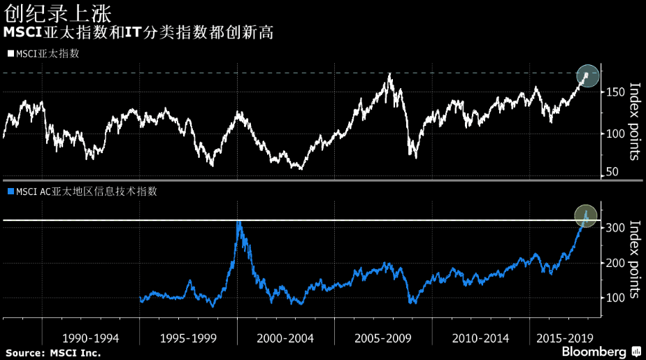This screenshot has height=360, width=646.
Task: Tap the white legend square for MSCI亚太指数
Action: [x=10, y=53]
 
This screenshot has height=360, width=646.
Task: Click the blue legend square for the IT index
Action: [x=10, y=190]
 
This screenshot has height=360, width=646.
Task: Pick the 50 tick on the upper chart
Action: [x=612, y=172]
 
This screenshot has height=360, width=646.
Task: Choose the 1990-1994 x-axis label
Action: [x=91, y=338]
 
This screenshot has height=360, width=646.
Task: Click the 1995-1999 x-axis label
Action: [x=188, y=338]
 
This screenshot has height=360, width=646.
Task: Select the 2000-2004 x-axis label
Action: [x=285, y=338]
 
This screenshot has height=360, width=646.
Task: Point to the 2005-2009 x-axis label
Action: [x=382, y=338]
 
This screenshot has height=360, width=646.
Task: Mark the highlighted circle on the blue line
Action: [x=586, y=215]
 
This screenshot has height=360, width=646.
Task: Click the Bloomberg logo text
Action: [x=591, y=351]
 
